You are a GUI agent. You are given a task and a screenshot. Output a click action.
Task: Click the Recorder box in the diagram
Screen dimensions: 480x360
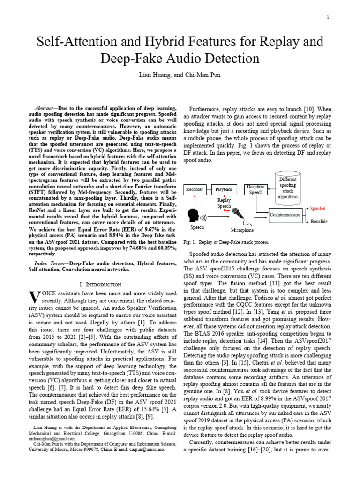tap(195, 189)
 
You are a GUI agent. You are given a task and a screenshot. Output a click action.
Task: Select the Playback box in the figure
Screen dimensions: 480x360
tap(224, 189)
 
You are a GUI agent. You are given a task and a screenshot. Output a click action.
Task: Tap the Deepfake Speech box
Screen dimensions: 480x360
tap(256, 189)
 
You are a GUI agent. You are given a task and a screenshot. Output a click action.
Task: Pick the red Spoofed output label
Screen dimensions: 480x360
tap(318, 208)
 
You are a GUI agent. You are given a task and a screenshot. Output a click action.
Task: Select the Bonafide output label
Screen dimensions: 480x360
tap(318, 220)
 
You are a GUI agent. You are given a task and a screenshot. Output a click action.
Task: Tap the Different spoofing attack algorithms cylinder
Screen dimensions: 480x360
tap(287, 189)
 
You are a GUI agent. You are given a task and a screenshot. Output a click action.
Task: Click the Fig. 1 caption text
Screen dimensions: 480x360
tap(226, 242)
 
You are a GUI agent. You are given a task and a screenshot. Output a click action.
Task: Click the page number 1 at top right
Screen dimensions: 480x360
tap(327, 17)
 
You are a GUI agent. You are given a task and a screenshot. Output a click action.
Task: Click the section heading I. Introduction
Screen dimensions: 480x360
tap(101, 285)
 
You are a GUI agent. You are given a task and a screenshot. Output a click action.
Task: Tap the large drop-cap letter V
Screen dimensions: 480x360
tap(33, 296)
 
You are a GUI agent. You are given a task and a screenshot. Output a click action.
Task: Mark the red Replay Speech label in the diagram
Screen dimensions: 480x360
tap(224, 202)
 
